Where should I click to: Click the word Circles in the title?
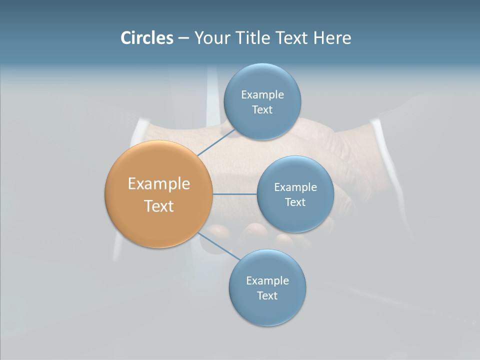[146, 37]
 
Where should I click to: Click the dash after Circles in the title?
[183, 38]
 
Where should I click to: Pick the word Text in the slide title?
[292, 37]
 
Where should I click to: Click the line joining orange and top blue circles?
[216, 142]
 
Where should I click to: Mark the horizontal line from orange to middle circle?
[234, 194]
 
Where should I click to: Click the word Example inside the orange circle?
[159, 183]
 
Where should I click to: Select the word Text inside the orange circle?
[159, 206]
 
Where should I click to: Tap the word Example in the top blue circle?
[262, 94]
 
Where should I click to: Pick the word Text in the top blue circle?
[262, 109]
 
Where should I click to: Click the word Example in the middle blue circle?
[295, 187]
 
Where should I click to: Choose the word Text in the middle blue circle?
[295, 202]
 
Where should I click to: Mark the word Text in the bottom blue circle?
[267, 295]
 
